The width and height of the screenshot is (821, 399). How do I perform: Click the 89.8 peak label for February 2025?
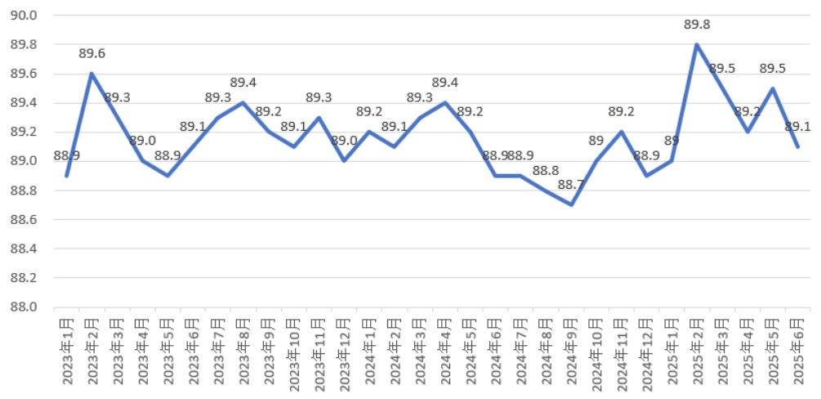pos(697,25)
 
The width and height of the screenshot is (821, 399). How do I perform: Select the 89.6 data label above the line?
pos(91,54)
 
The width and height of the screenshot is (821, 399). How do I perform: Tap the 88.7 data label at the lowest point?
pos(571,186)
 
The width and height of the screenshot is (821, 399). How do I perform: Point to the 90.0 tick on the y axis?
pos(27,16)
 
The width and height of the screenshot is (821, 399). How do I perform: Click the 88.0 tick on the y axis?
pos(27,307)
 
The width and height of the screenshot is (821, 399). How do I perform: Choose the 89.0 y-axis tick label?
pos(27,161)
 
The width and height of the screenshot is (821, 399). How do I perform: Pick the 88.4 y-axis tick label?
pos(27,249)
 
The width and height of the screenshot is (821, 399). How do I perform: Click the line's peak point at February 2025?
pos(697,44)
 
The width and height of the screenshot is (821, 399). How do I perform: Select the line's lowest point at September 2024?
pos(571,204)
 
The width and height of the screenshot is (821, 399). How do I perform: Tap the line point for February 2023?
pos(91,74)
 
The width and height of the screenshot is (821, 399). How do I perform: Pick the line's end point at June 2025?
pos(797,146)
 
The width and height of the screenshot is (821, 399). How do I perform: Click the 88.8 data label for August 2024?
pos(546,171)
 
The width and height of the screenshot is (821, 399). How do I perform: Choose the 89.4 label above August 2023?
pos(243,83)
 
